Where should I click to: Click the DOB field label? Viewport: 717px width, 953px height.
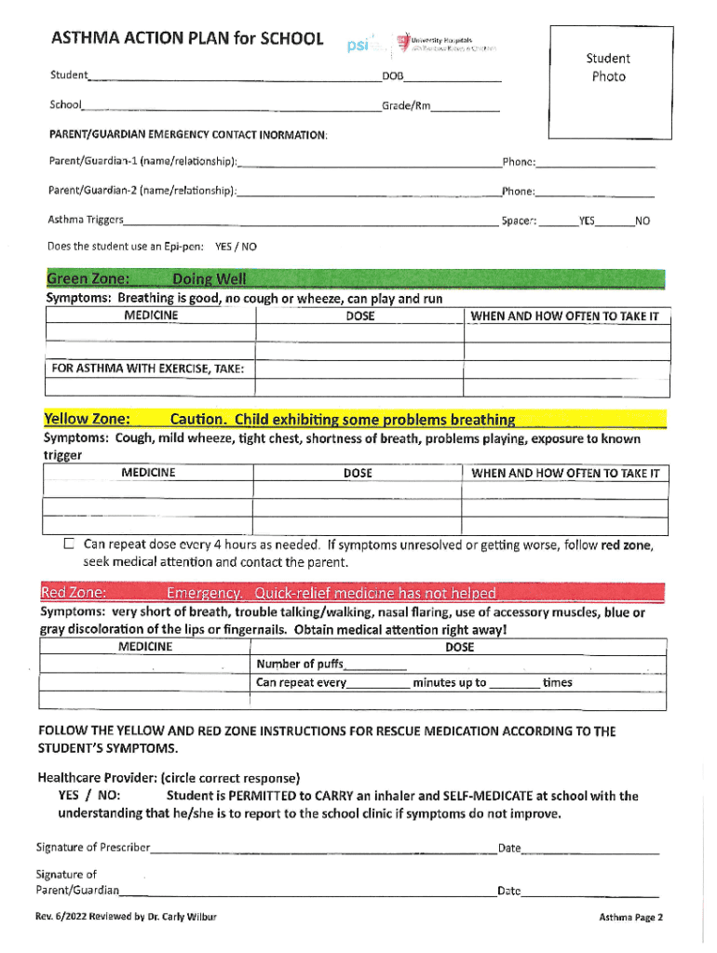coord(392,74)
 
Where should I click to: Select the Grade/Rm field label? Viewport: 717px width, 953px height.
coord(406,105)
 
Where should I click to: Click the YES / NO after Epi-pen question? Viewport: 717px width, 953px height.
coord(236,247)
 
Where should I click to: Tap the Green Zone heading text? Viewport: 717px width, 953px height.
coord(88,279)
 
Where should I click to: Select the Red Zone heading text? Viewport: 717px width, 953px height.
coord(74,593)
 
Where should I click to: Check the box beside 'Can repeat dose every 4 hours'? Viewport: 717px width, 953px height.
coord(69,544)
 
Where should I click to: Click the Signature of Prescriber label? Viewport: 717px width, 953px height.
coord(93,847)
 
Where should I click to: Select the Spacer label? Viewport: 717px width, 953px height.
coord(518,221)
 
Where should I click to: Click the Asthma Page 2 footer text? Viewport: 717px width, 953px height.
coord(630,917)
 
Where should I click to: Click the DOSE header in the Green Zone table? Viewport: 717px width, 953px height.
coord(359,316)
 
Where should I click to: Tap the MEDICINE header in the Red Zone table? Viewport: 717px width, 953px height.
coord(145,647)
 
